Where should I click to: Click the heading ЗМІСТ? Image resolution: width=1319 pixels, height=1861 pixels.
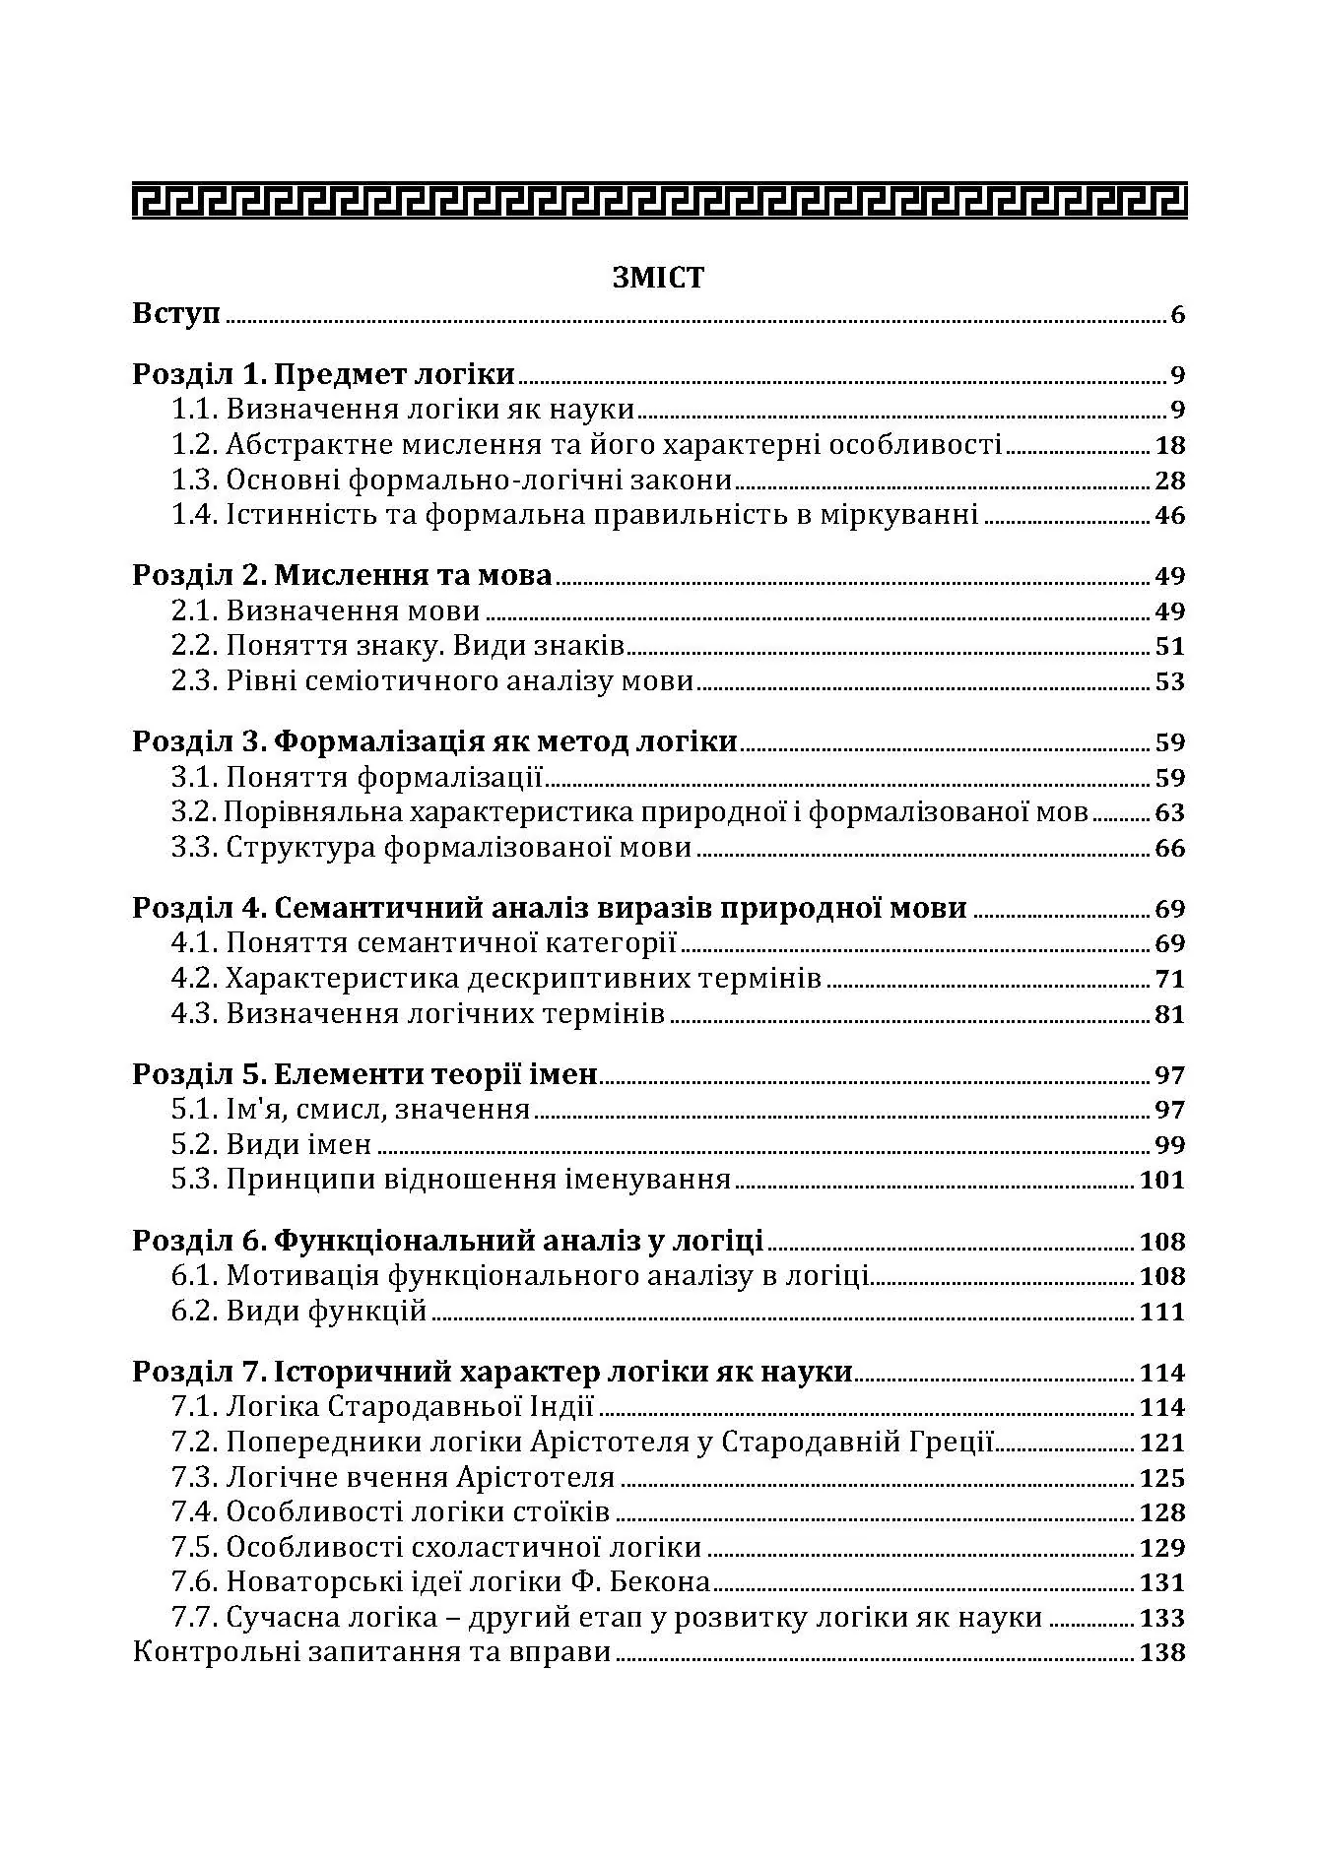click(658, 278)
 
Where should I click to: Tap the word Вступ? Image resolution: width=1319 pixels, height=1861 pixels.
click(176, 315)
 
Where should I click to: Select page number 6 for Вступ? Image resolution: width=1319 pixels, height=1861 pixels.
click(1177, 316)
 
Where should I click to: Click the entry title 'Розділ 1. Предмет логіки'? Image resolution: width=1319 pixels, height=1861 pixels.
click(324, 374)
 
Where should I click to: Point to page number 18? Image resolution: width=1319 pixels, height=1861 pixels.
click(1170, 445)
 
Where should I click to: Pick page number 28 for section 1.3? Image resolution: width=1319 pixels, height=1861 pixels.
click(1170, 481)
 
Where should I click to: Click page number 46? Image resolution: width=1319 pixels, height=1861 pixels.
click(1170, 515)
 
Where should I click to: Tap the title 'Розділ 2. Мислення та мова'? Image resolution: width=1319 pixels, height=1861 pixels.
click(342, 575)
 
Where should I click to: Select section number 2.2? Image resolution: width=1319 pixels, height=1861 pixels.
click(194, 646)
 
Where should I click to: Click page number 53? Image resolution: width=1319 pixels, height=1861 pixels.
click(1170, 681)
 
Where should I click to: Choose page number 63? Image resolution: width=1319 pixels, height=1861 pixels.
click(1170, 812)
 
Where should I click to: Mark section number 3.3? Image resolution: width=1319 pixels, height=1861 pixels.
click(194, 848)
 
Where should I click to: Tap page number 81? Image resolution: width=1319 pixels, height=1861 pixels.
click(1170, 1014)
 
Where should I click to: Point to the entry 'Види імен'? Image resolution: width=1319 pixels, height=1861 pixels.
click(298, 1144)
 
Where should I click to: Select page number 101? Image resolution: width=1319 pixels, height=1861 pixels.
click(1162, 1180)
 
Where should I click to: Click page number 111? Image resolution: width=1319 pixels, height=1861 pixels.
click(1162, 1312)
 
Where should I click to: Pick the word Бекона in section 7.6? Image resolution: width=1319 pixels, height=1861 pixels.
click(661, 1582)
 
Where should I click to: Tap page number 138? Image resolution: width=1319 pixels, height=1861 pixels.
click(1162, 1652)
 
